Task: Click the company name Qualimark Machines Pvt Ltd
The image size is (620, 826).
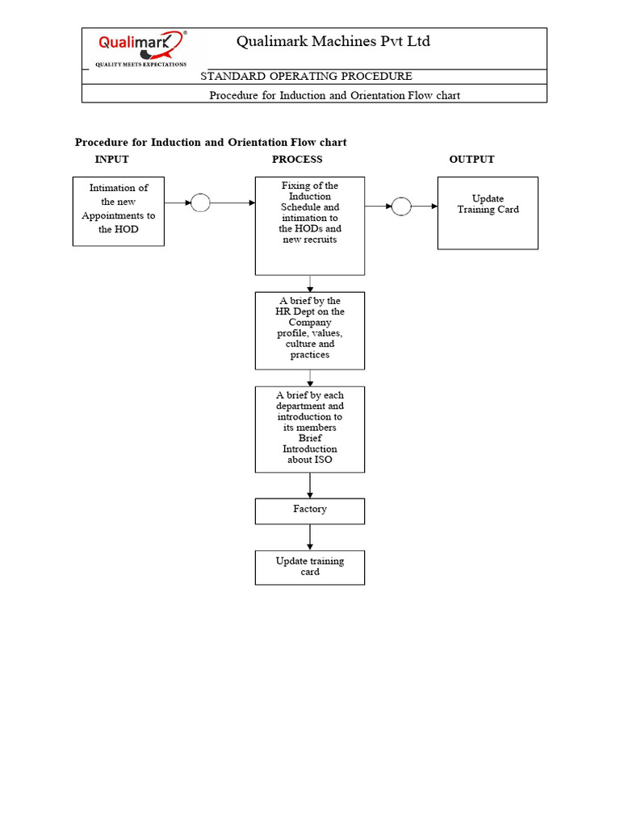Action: coord(333,41)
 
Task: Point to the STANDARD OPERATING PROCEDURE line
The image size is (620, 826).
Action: coord(306,77)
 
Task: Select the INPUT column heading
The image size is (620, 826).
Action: coord(111,160)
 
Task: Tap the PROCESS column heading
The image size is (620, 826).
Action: coord(297,160)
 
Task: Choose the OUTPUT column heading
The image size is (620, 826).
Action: coord(471,160)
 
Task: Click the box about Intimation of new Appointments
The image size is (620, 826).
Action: coord(118,211)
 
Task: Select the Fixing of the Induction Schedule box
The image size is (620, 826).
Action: coord(310,226)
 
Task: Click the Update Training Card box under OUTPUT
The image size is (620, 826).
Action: coord(488,213)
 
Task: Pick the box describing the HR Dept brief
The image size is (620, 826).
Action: coord(310,331)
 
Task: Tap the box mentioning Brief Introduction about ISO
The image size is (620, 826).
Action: coord(310,429)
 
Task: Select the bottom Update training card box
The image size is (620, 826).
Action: coord(310,567)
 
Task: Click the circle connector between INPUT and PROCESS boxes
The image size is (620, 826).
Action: coord(200,203)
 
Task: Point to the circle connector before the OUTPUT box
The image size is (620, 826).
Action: coord(401,206)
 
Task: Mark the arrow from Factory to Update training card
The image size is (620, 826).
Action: coord(310,537)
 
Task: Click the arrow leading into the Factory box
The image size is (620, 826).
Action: coord(310,486)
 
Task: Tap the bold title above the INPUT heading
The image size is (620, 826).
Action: coord(211,143)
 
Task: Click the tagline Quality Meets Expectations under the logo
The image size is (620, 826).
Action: coord(141,64)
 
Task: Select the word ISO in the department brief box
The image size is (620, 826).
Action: coord(323,460)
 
